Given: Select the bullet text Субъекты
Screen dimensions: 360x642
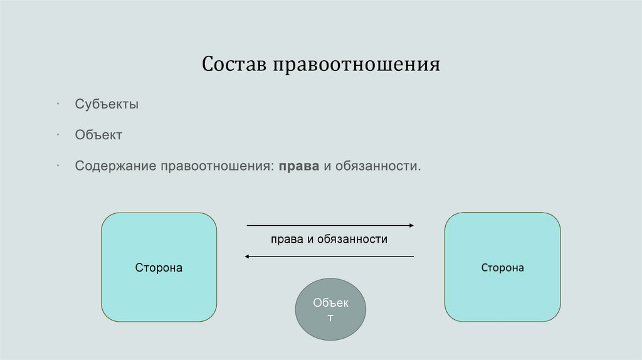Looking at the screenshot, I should [x=107, y=104].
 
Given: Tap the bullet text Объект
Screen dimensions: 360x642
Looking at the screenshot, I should [x=98, y=135].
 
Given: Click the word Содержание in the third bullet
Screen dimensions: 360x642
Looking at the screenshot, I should [x=115, y=166].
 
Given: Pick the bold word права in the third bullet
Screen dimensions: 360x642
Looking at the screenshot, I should [x=300, y=166].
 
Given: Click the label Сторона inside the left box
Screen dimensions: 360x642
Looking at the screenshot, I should [x=159, y=268].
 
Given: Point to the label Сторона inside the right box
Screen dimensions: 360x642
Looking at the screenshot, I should [x=502, y=268].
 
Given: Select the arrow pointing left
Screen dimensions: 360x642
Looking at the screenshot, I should [x=329, y=256].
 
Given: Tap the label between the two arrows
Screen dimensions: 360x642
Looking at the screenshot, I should [x=329, y=240].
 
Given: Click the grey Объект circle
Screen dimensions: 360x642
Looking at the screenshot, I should [x=330, y=310].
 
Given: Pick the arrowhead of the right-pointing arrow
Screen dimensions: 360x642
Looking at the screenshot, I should [x=411, y=225].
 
